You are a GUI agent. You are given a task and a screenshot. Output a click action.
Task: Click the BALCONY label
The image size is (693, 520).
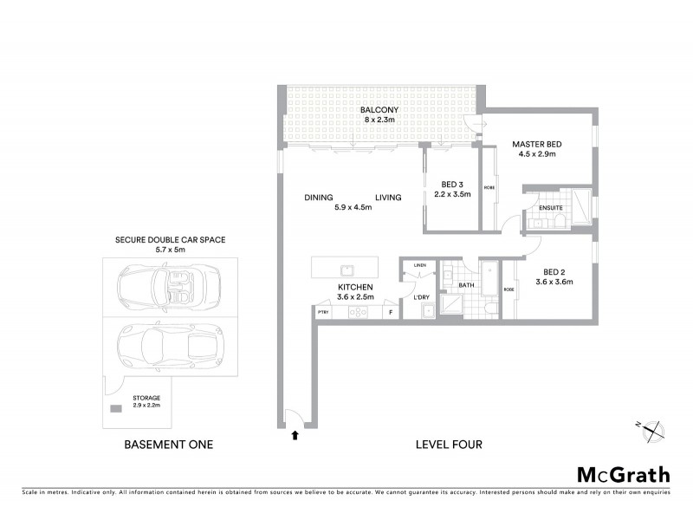(x=379, y=110)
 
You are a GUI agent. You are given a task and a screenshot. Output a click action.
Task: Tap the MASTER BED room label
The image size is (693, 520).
(x=537, y=144)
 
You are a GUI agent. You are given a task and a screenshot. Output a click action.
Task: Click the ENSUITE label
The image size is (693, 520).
(x=551, y=208)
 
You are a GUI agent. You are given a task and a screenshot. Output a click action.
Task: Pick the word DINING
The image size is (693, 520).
(x=319, y=198)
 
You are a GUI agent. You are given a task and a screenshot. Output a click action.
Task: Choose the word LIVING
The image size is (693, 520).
(x=388, y=198)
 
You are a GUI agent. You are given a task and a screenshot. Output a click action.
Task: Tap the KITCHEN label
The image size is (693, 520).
(x=355, y=287)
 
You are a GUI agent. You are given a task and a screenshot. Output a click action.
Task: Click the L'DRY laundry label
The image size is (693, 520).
(x=422, y=297)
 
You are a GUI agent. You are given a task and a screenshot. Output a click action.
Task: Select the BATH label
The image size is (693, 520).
(x=465, y=285)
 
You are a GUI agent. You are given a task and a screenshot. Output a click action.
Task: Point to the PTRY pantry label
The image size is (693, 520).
(x=323, y=312)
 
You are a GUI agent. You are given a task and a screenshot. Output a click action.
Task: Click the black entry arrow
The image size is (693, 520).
(x=295, y=436)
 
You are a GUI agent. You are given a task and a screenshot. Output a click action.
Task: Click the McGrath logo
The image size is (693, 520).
(x=624, y=474)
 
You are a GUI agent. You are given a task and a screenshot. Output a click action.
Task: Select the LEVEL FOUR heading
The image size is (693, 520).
(x=449, y=445)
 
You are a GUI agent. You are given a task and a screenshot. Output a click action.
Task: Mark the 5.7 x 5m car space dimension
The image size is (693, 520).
(x=164, y=249)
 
